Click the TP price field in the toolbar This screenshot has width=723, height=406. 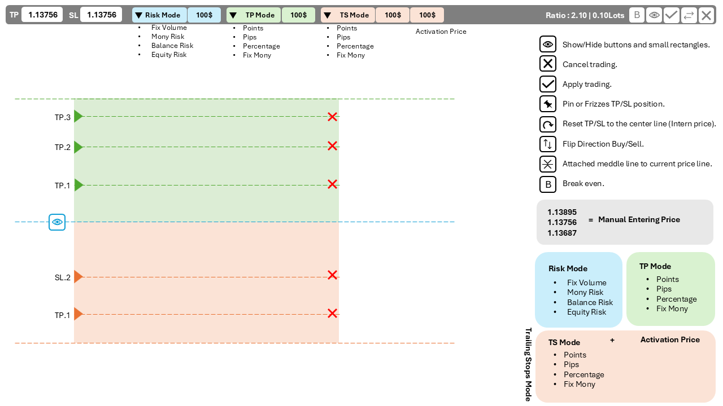pos(42,15)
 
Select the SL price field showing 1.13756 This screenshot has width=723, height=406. pos(101,15)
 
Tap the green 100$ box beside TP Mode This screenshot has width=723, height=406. pos(298,15)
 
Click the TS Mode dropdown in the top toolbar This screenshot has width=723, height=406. pos(348,15)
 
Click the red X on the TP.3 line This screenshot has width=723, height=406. pos(332,117)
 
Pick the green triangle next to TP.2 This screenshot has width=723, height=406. pos(78,147)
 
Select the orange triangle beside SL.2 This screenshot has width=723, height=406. pos(78,276)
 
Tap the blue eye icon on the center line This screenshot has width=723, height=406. pos(57,222)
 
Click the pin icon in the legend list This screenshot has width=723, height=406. pos(547,104)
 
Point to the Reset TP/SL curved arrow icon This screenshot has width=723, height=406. pos(547,124)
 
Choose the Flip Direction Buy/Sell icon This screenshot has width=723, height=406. pos(547,144)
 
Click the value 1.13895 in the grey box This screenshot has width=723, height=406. pos(561,212)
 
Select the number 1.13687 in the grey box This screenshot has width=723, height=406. pos(561,233)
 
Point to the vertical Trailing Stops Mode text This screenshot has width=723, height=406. pos(529,364)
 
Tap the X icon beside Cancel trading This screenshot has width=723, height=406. pos(547,64)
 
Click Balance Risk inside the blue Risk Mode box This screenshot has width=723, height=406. pos(590,302)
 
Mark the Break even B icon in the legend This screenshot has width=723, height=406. pos(547,184)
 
